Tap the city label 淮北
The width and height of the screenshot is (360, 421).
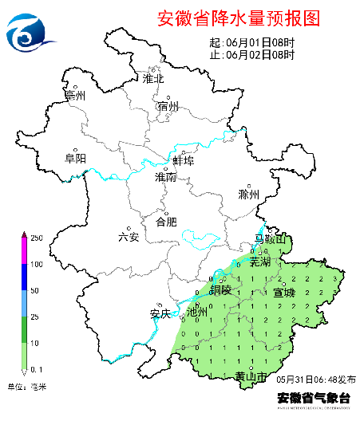point(152,78)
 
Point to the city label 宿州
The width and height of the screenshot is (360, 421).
point(168,106)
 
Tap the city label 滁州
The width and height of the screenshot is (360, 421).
point(249,194)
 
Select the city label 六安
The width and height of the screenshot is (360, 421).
point(129,236)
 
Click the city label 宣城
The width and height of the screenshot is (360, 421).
point(283,293)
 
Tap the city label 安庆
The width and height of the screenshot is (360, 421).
point(160,313)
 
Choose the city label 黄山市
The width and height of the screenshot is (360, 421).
point(251,376)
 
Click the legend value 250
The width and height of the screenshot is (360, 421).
point(35,238)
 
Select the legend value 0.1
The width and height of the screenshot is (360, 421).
point(36,368)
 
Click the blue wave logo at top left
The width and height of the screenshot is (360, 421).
point(30,31)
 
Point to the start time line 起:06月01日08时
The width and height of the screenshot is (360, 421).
point(251,43)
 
